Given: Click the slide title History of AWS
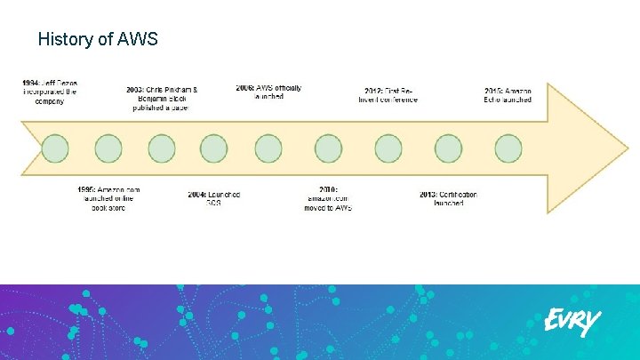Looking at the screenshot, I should tap(99, 39).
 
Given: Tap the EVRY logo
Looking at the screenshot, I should tap(572, 321).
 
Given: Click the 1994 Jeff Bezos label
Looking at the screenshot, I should tap(50, 92).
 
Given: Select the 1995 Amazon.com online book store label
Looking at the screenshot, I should tap(108, 198).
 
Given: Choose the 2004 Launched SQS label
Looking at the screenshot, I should tap(213, 198).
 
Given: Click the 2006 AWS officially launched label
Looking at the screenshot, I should tap(268, 92).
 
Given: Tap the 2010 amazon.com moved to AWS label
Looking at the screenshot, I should tap(328, 199).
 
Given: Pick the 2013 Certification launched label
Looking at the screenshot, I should tap(448, 198).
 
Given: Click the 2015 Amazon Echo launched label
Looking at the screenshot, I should tap(508, 95).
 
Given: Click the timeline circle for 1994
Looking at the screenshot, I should tap(55, 148).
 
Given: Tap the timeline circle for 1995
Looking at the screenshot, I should tap(108, 148).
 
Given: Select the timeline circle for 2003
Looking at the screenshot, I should tap(162, 148).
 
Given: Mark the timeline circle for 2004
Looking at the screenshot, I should tap(214, 148).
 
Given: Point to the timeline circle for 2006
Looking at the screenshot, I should tap(268, 148).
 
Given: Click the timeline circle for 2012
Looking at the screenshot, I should tap(388, 148).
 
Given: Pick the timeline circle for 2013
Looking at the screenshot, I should tap(448, 148).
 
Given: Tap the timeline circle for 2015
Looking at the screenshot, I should tap(508, 148).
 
